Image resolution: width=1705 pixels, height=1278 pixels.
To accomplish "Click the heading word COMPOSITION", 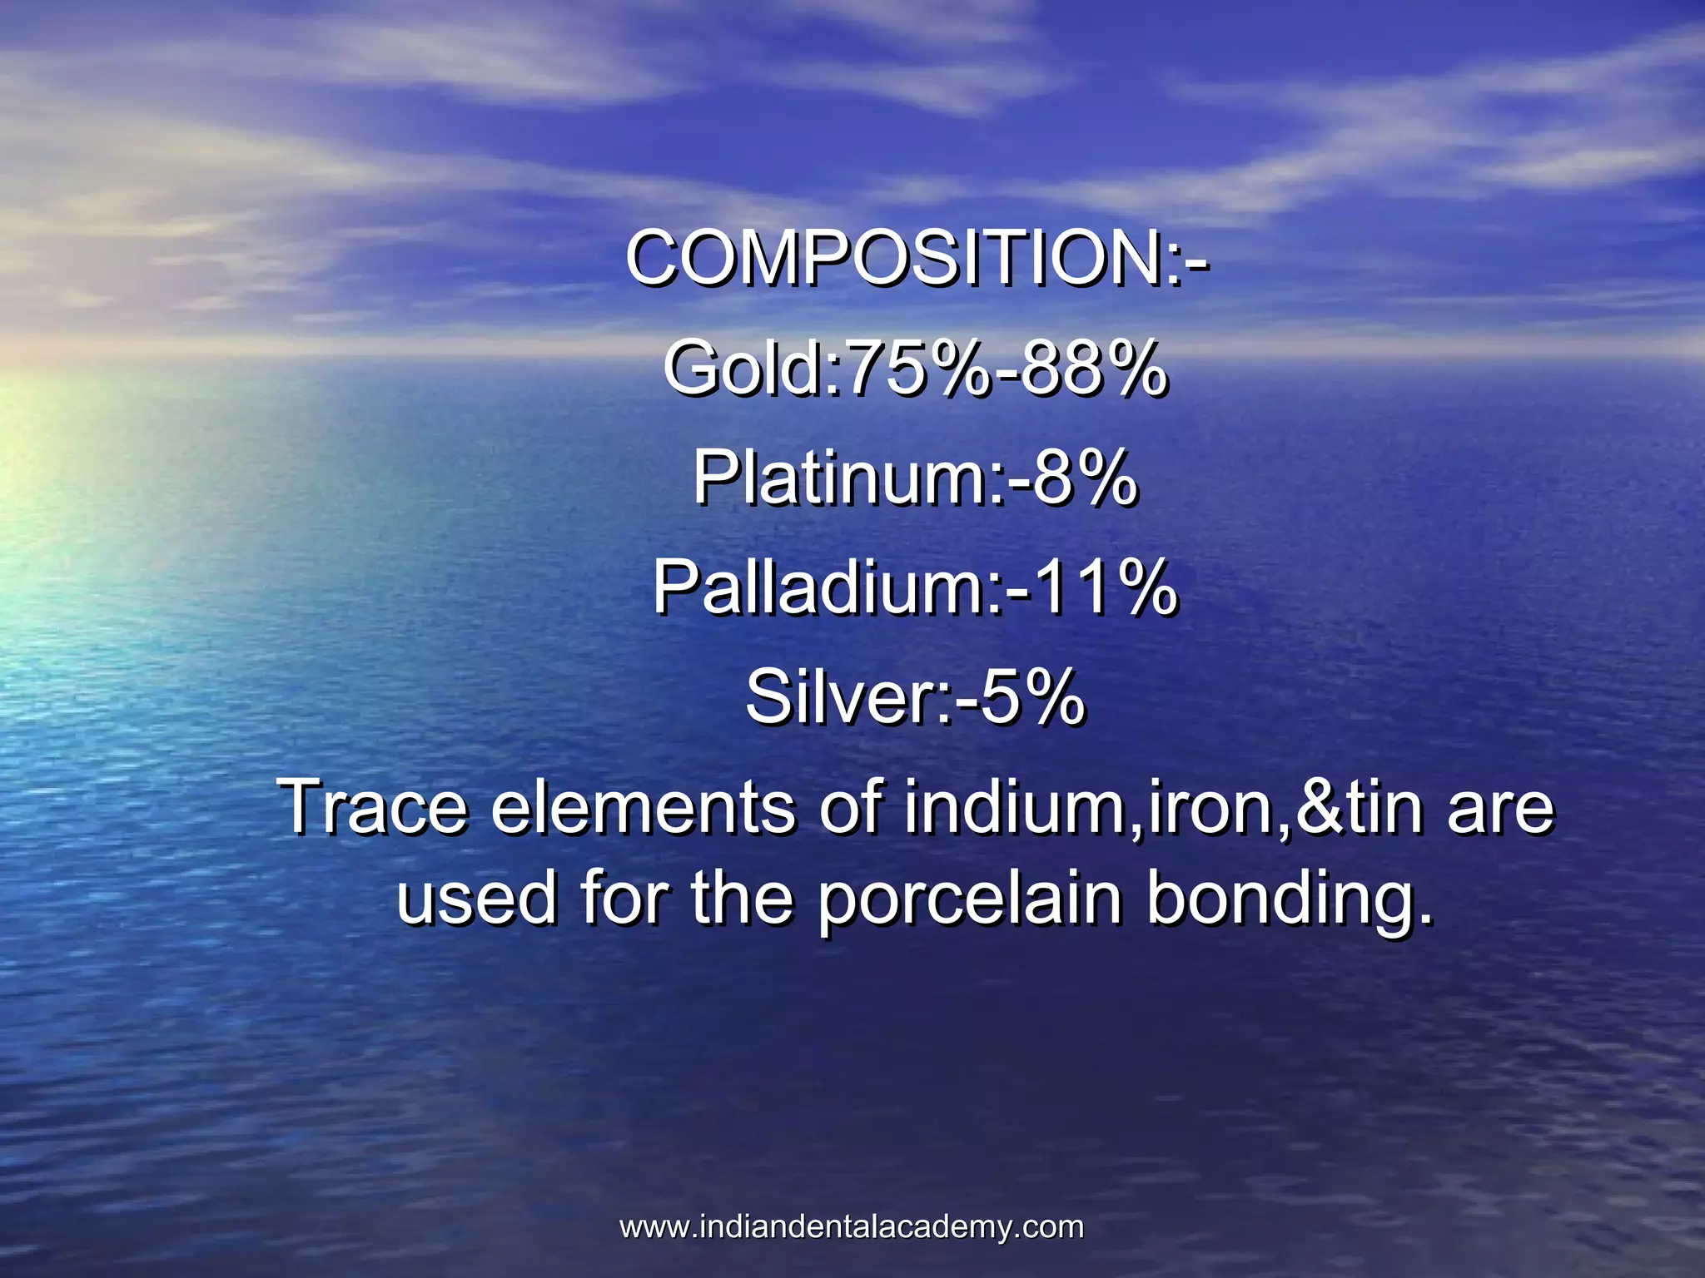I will (x=895, y=258).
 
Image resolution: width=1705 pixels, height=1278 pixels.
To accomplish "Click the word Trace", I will (x=375, y=807).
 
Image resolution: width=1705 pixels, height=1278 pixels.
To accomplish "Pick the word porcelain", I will (x=969, y=900).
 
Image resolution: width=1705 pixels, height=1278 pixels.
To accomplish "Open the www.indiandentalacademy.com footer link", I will (x=852, y=1227).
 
